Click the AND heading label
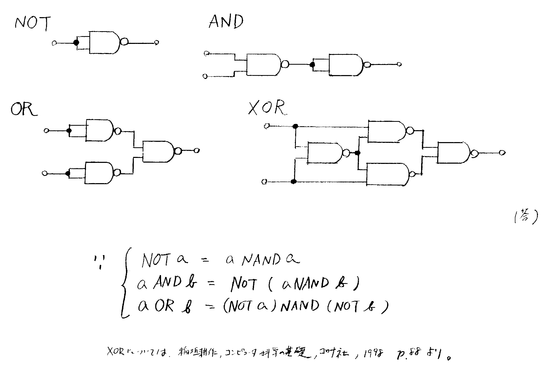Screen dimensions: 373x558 (x=226, y=21)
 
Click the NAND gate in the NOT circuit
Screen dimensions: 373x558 (x=104, y=42)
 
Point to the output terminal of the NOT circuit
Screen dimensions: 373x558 (x=156, y=42)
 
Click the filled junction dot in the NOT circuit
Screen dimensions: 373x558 (x=76, y=43)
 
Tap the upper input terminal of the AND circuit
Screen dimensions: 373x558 (x=207, y=54)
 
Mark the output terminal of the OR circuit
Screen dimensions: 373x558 (x=197, y=150)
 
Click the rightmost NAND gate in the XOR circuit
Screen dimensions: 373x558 (x=453, y=153)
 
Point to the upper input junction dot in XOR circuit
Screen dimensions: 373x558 (x=295, y=126)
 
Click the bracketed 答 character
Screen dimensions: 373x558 (x=525, y=217)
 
